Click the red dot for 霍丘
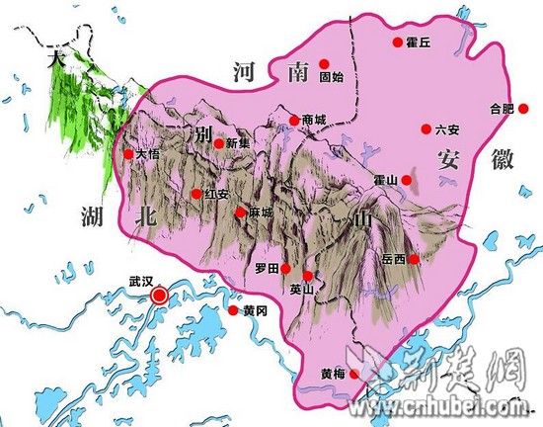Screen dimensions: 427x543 point(398,43)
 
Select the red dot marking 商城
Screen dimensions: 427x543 point(293,121)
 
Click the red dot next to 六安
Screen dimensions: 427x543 point(427,128)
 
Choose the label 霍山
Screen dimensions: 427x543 point(386,179)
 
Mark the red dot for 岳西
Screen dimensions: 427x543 point(415,259)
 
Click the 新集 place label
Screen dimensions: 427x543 point(239,143)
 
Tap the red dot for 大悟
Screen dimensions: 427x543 point(128,154)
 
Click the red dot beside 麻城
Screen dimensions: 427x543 point(240,213)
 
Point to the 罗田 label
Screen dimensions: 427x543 point(267,268)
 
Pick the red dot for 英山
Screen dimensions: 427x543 point(308,276)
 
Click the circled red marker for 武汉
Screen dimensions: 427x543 point(159,295)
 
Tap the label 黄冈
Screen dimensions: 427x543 point(254,310)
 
